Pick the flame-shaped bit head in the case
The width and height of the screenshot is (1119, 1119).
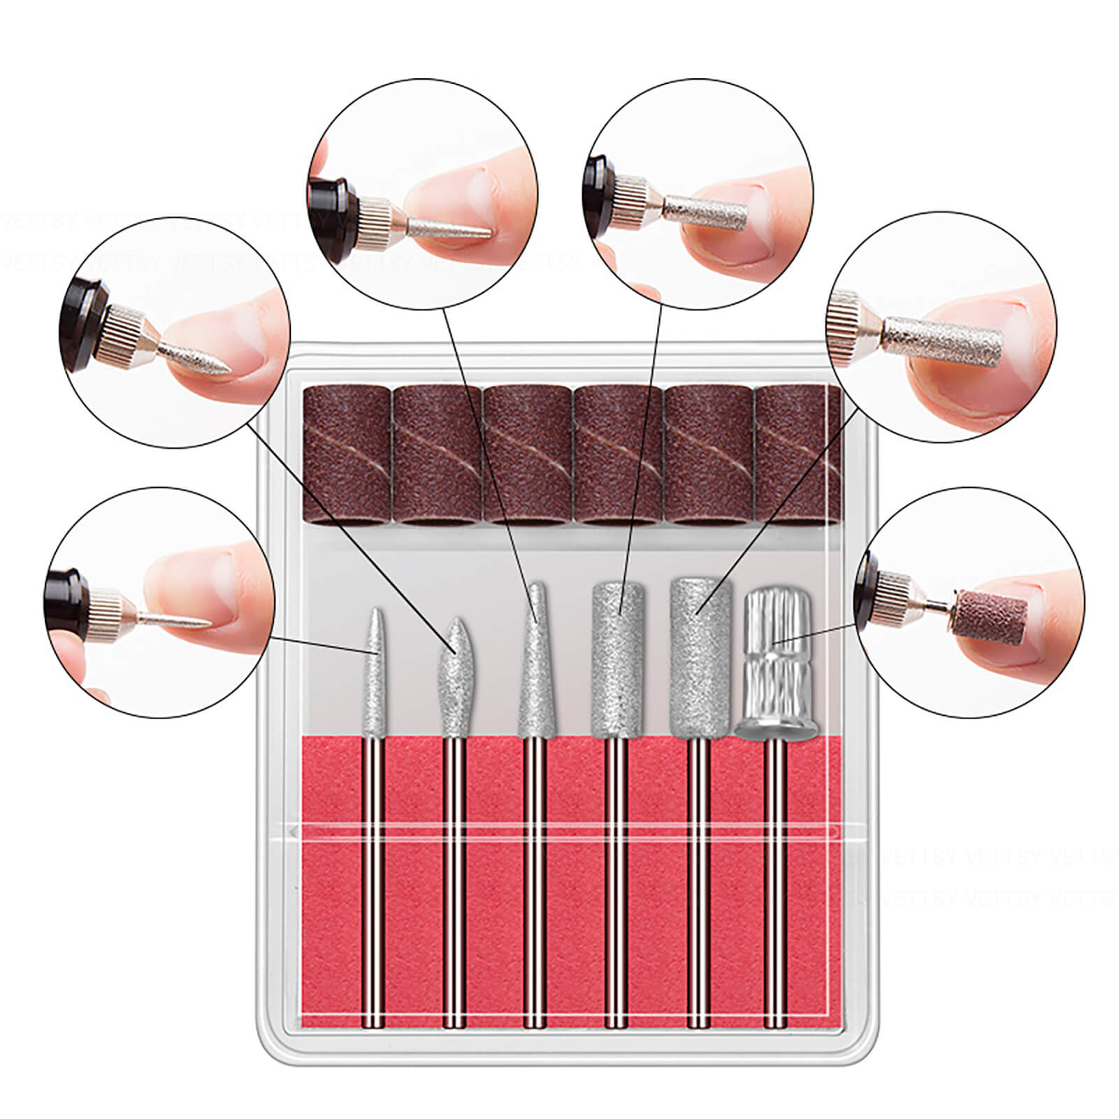pyautogui.click(x=453, y=671)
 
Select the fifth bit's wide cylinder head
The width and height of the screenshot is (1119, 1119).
pyautogui.click(x=695, y=654)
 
